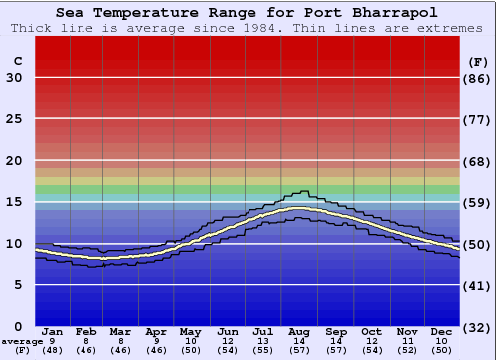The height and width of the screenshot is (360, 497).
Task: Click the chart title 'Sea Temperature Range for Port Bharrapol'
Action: pyautogui.click(x=248, y=13)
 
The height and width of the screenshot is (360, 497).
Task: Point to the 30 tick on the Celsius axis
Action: pyautogui.click(x=14, y=78)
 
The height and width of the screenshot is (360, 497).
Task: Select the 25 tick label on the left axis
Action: pyautogui.click(x=14, y=119)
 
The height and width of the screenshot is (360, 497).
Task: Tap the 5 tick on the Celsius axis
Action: pyautogui.click(x=18, y=285)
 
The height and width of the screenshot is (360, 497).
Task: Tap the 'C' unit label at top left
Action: pyautogui.click(x=17, y=61)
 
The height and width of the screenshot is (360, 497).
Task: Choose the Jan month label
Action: pyautogui.click(x=53, y=331)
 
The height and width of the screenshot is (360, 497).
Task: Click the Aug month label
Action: pyautogui.click(x=298, y=331)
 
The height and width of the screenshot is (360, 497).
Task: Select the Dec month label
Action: pyautogui.click(x=442, y=331)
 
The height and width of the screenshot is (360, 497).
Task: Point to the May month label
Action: pyautogui.click(x=190, y=331)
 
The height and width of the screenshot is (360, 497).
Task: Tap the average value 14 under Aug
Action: pyautogui.click(x=298, y=341)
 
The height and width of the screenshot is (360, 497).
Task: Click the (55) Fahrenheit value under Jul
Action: pyautogui.click(x=263, y=351)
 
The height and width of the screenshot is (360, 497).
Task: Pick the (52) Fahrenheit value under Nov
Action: pyautogui.click(x=406, y=351)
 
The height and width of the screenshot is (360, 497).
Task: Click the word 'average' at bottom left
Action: pyautogui.click(x=22, y=341)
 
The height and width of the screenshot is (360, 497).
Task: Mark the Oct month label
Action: pyautogui.click(x=371, y=331)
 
